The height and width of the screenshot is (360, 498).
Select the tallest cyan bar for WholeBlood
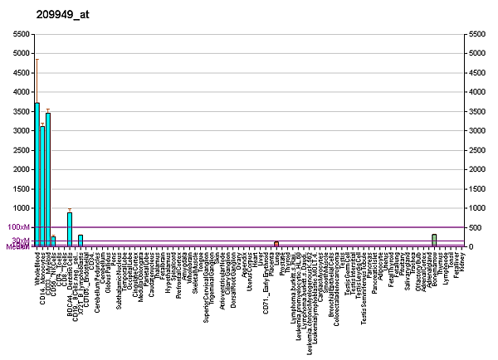point(37,174)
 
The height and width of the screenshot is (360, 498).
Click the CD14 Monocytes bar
point(42,186)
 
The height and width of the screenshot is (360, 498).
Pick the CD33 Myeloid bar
point(48,179)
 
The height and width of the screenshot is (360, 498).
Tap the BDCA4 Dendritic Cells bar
point(70,229)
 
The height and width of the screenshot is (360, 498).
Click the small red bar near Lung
point(276,244)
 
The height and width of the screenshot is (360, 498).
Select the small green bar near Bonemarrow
point(434,240)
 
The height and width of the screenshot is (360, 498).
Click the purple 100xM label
point(18,226)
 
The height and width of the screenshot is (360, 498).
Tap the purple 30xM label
point(20,241)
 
